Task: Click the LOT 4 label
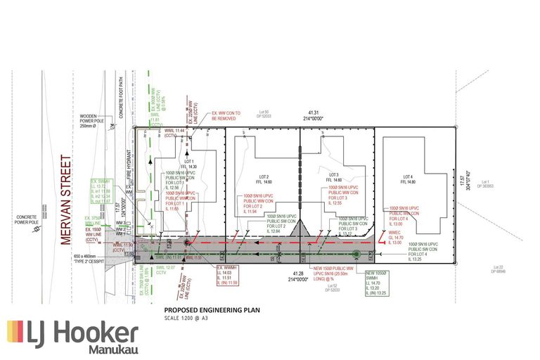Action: click(x=407, y=176)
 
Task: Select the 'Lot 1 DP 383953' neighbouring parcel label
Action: click(x=485, y=185)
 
